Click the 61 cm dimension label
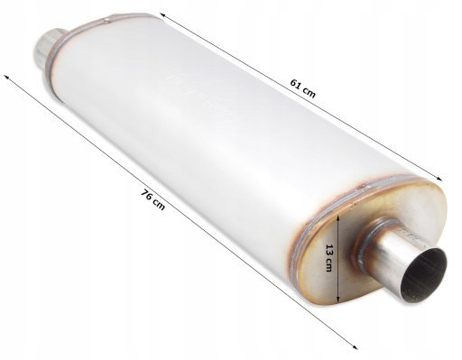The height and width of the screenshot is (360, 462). [303, 88]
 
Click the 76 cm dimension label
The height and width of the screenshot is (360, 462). [153, 199]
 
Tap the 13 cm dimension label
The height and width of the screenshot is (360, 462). [329, 258]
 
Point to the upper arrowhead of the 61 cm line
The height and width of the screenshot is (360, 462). [162, 15]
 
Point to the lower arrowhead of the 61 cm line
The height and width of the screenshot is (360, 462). [439, 179]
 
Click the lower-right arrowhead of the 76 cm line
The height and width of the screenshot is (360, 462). [355, 346]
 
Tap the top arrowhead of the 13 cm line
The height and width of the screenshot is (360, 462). [338, 217]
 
